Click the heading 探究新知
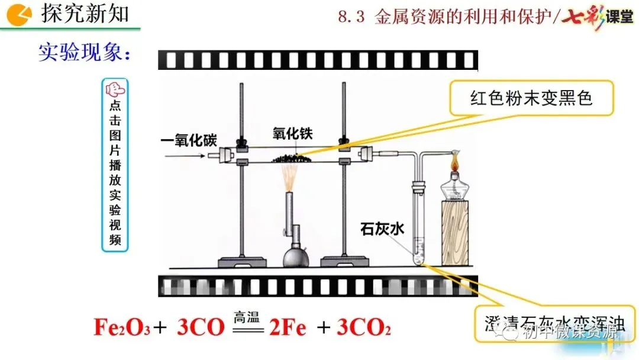[85, 14]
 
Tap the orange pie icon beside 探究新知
[22, 13]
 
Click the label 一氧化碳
[189, 141]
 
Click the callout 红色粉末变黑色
[531, 98]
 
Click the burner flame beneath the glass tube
[290, 177]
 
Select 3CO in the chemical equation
[199, 327]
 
